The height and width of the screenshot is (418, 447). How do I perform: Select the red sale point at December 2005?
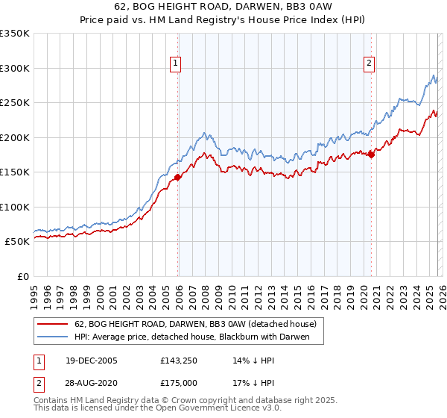178,177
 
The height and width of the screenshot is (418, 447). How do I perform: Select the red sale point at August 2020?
371,155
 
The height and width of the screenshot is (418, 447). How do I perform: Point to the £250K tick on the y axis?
16,103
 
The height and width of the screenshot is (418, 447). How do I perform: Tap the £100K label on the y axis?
16,207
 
